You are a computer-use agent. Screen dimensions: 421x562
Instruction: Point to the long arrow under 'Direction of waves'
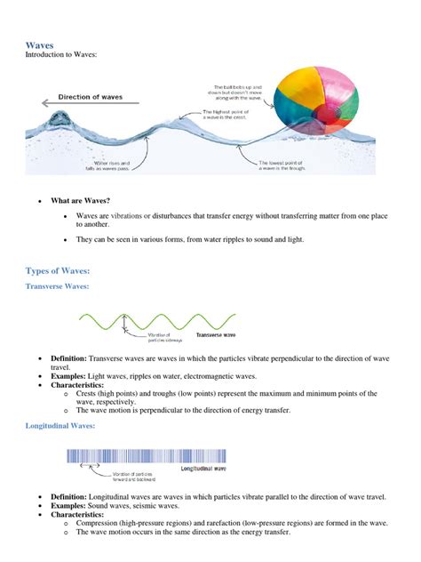click(89, 106)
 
